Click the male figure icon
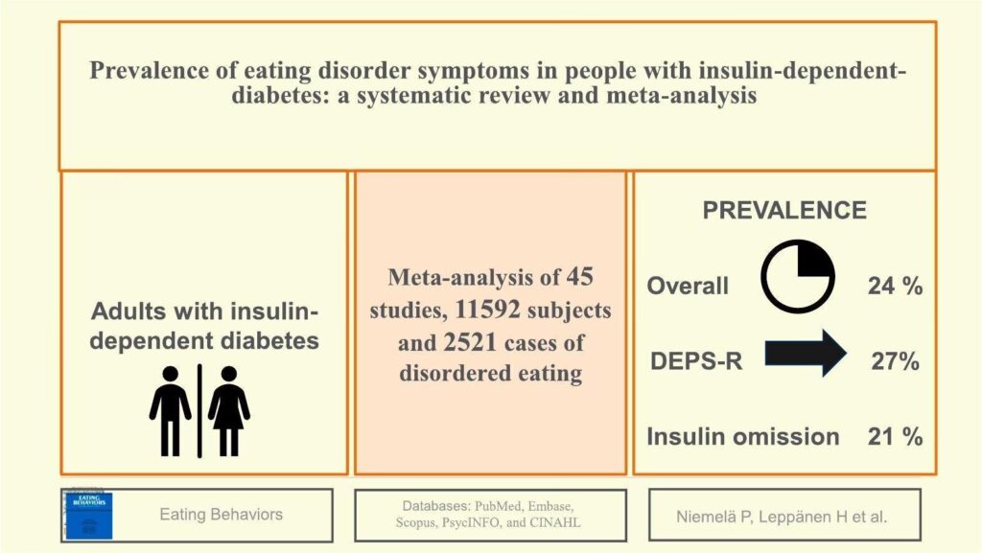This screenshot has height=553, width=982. click(170, 410)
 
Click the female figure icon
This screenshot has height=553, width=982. click(228, 410)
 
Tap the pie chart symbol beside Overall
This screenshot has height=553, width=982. click(798, 276)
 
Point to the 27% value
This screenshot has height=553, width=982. click(894, 361)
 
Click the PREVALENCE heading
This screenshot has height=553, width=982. click(784, 211)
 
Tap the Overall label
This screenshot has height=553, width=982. click(688, 286)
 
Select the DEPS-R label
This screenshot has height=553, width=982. click(698, 361)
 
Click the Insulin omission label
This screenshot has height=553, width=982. click(743, 437)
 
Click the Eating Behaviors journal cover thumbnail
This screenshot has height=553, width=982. click(87, 516)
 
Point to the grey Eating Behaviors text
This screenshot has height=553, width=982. click(221, 515)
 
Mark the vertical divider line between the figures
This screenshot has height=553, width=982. click(199, 410)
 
